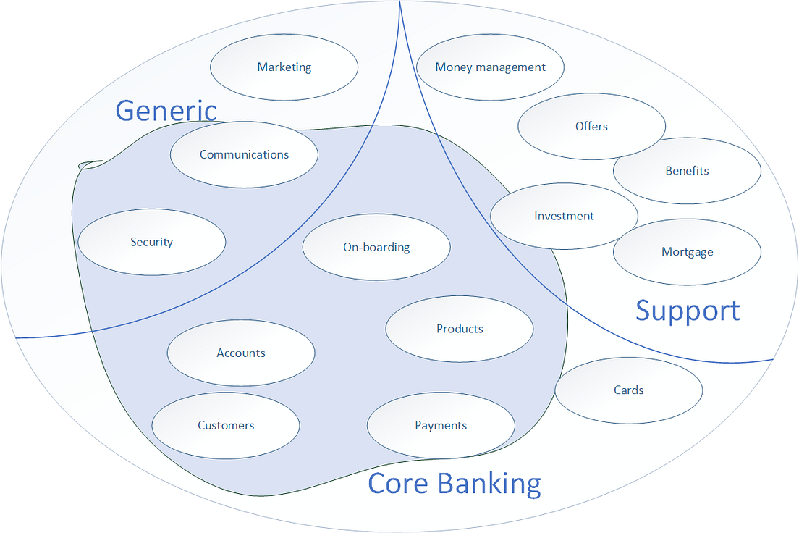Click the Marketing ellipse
[x=284, y=67]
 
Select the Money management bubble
[x=490, y=67]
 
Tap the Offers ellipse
[x=591, y=126]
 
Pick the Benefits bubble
[x=687, y=171]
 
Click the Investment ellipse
[x=564, y=216]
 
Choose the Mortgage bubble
[x=687, y=252]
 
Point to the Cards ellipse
[x=628, y=390]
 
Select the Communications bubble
[x=244, y=154]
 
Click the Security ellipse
[x=151, y=242]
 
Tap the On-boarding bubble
[x=376, y=247]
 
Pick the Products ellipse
[x=460, y=329]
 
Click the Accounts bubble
[x=241, y=353]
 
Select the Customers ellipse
[x=226, y=425]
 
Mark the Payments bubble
[x=441, y=425]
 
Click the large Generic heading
[x=166, y=111]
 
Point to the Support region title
[x=688, y=311]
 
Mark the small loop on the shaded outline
[x=90, y=165]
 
